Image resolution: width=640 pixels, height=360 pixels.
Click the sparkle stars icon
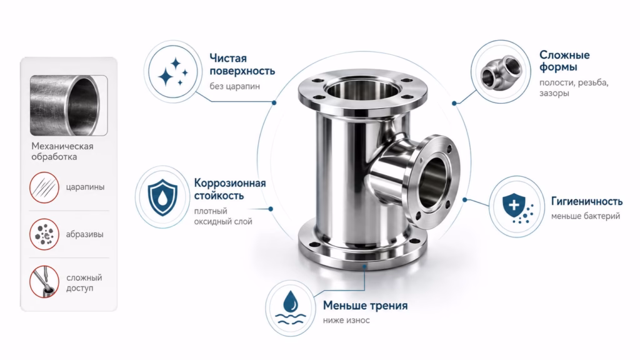pos(173,72)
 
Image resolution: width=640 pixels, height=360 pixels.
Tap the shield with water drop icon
pos(162,197)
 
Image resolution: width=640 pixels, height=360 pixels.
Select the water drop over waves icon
pos(290,307)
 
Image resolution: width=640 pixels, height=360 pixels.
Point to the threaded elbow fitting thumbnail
pos(501,72)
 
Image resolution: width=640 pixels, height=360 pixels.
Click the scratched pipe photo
pos(69,105)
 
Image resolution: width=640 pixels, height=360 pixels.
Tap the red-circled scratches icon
pos(44,187)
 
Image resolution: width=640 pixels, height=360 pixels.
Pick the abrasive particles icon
pos(44,234)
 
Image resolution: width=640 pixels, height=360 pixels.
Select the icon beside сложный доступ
pos(44,282)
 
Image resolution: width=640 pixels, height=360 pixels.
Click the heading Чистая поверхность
pos(242,64)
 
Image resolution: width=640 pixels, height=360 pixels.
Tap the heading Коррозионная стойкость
pos(230,189)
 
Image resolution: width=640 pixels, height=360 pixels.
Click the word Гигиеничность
pos(587,201)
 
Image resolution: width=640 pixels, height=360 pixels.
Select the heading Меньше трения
pos(365,305)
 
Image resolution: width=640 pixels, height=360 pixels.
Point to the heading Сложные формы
pos(564,61)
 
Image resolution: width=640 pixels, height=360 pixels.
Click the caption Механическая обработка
pos(62,151)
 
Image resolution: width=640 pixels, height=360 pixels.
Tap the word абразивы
pos(84,234)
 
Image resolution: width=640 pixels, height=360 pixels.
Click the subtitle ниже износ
pos(346,321)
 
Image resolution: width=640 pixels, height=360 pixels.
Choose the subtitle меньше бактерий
pos(586,216)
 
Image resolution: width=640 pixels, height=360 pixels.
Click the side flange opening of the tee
pos(434,182)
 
